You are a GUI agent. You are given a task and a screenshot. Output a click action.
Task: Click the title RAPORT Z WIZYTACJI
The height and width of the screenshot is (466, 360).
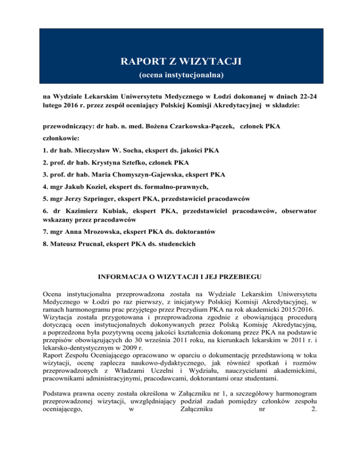[x=180, y=62]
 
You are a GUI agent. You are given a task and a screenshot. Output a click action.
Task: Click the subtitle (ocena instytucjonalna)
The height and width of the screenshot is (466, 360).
[x=180, y=75]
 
